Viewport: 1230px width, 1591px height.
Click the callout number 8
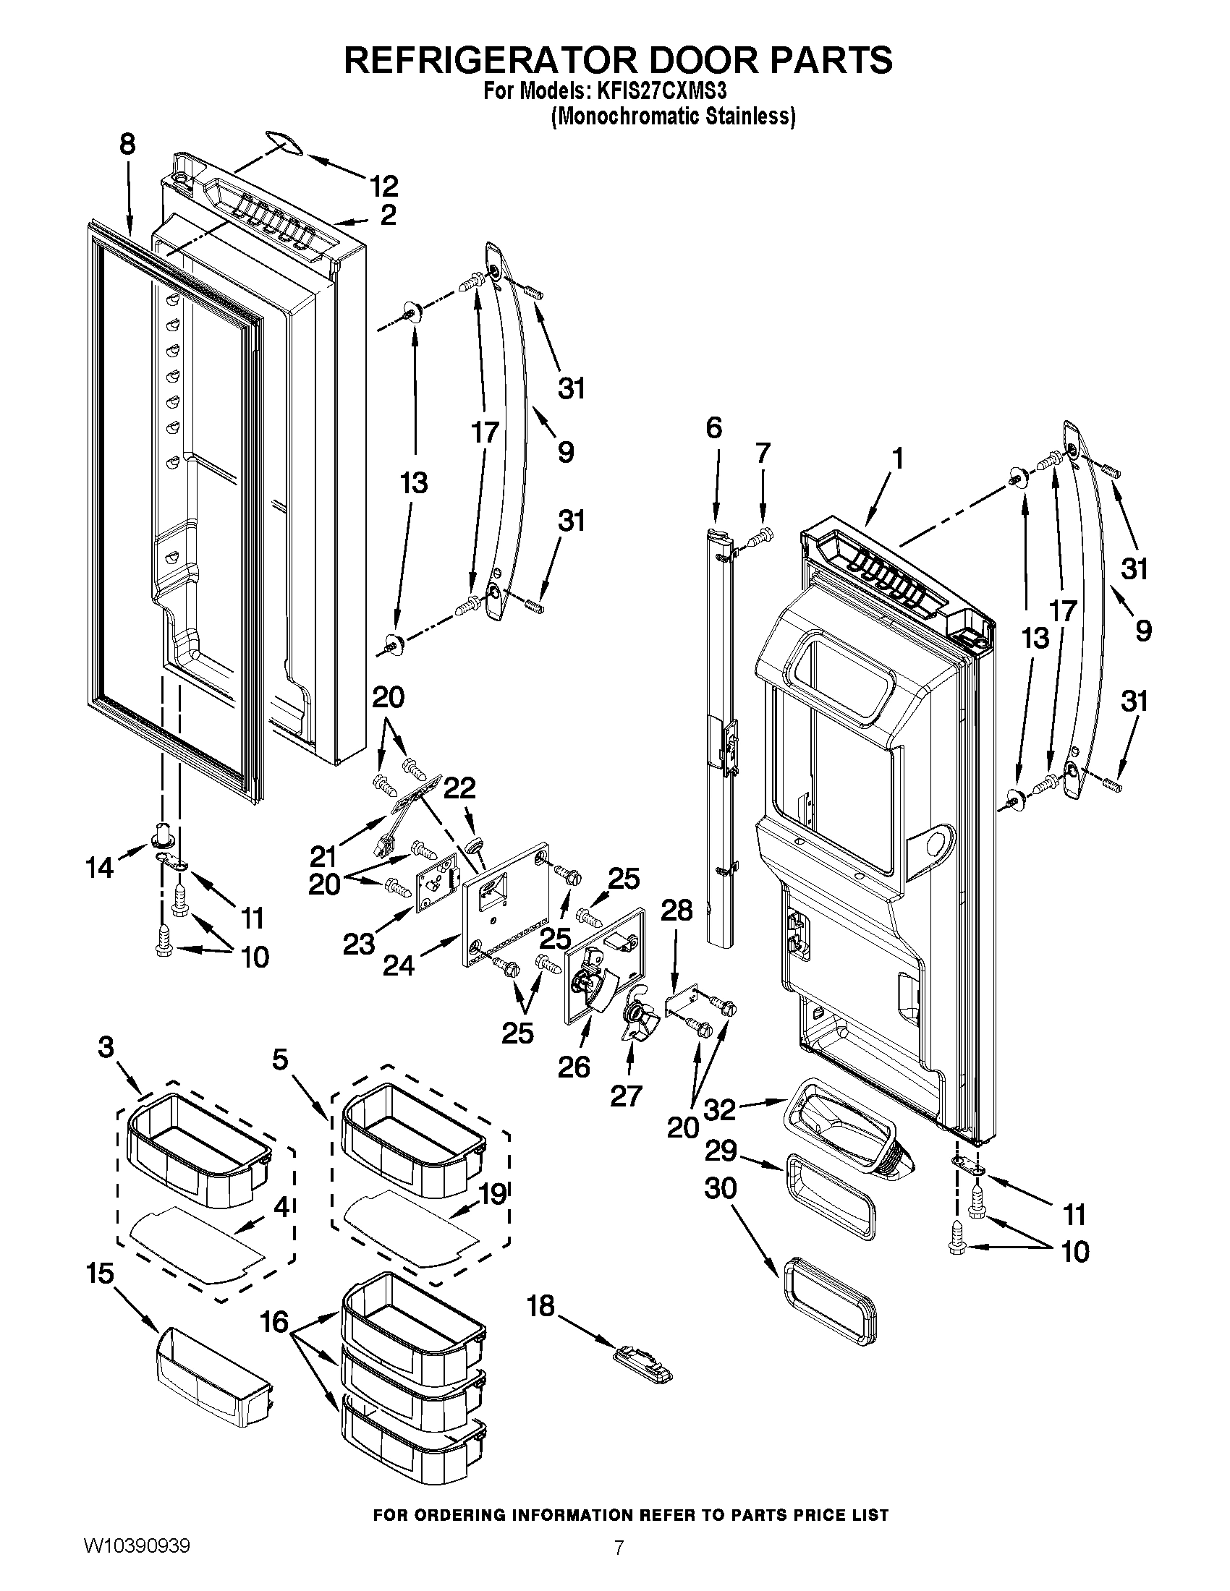point(127,144)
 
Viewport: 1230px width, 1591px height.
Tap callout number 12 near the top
point(383,187)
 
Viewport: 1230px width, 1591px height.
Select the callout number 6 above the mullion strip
point(713,428)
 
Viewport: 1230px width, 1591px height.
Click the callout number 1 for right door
point(898,459)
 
